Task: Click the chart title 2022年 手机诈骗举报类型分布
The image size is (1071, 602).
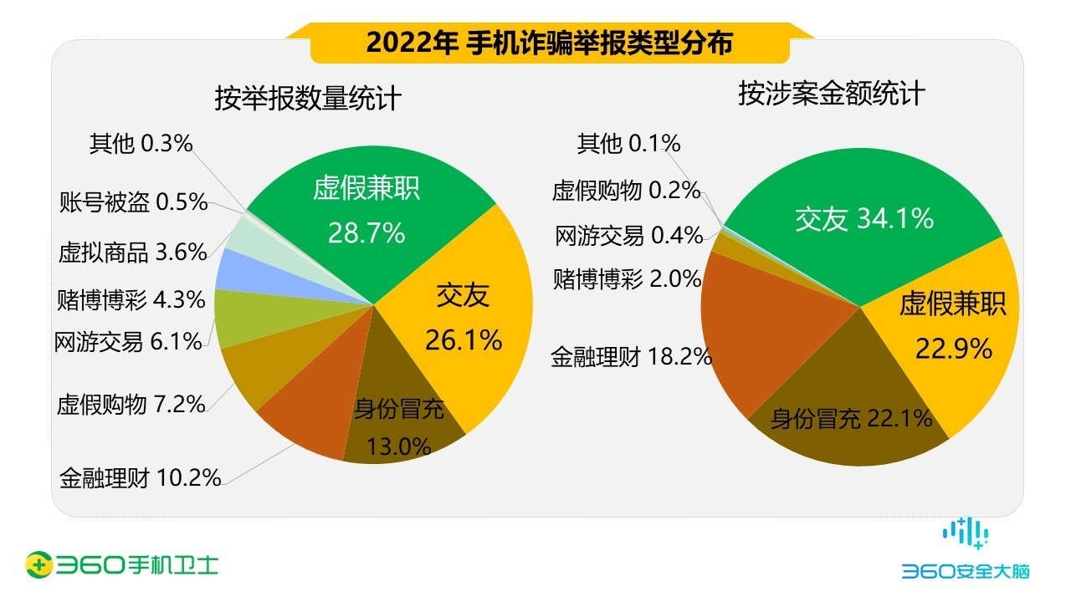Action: [x=549, y=43]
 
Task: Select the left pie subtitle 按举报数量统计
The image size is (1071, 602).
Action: [x=308, y=99]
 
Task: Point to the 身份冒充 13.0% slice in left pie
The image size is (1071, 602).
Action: [x=398, y=426]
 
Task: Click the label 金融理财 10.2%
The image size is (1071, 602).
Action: [x=140, y=478]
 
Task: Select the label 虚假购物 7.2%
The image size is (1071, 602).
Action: [x=131, y=406]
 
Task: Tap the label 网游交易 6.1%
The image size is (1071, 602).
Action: [x=128, y=342]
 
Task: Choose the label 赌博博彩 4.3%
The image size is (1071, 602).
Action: [x=131, y=298]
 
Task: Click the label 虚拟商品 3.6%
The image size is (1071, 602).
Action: [x=132, y=253]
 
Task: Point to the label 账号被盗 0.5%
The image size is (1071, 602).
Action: [x=133, y=202]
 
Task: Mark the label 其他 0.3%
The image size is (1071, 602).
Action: [x=141, y=145]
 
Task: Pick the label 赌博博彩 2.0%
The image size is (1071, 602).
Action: [x=627, y=279]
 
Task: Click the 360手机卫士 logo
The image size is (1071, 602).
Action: [x=122, y=564]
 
